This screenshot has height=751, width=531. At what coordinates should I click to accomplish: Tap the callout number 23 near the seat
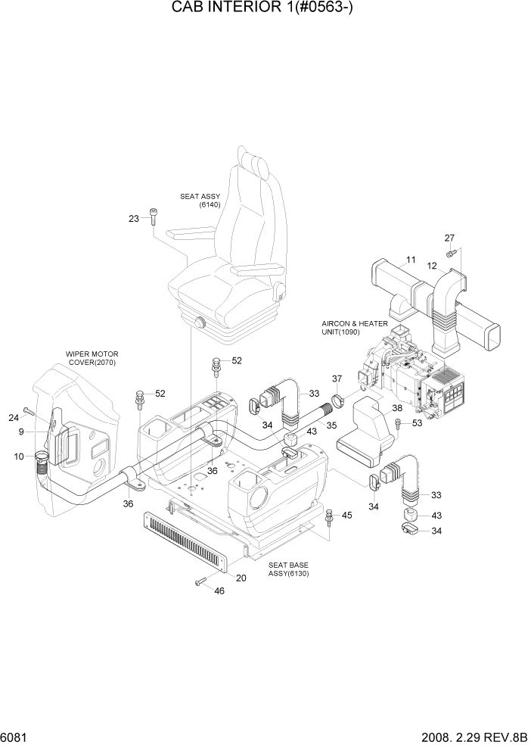coord(134,219)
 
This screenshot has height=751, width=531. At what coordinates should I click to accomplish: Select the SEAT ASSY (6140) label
coord(200,201)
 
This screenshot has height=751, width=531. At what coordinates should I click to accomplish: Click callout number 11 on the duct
coord(411,260)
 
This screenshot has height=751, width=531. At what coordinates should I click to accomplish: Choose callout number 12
coord(433,266)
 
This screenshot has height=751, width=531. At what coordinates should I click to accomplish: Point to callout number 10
coord(18,456)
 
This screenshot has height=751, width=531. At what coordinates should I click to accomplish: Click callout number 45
coord(346,516)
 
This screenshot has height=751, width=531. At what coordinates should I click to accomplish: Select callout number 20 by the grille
coord(241,578)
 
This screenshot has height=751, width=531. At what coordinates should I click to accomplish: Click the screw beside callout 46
coord(201,581)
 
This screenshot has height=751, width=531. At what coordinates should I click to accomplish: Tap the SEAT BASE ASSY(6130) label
coord(288,569)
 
